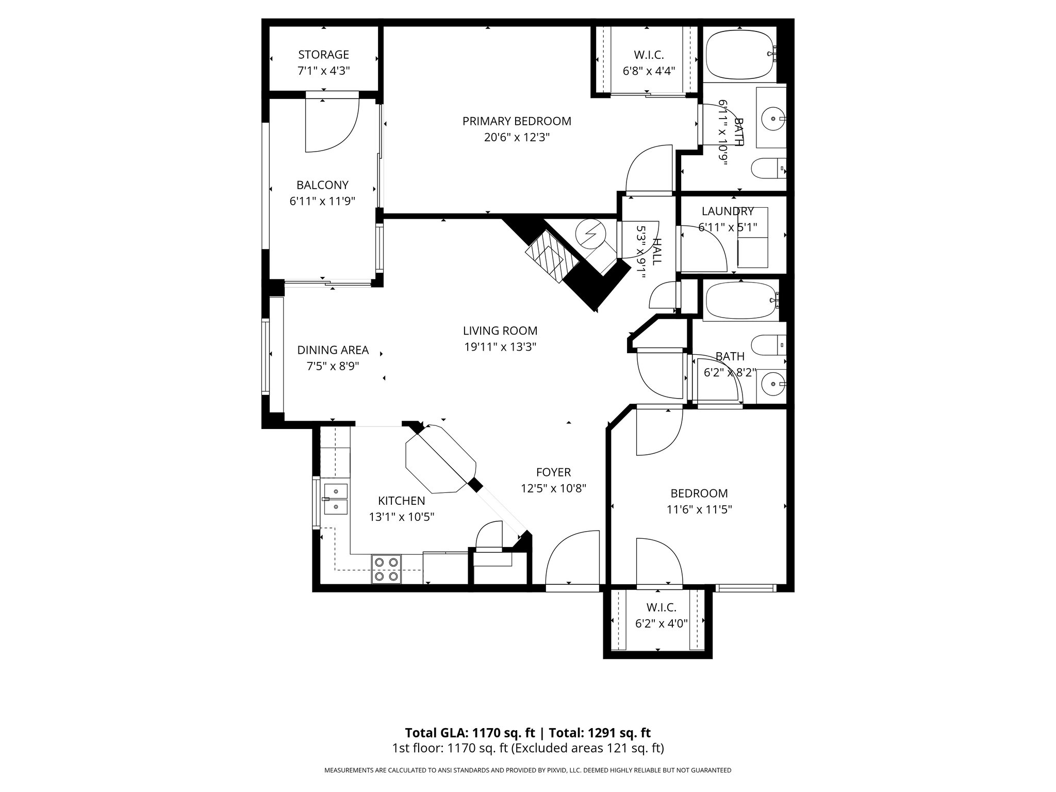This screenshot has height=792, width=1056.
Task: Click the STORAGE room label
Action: click(x=323, y=55)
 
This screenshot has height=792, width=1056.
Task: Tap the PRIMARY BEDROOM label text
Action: click(x=517, y=121)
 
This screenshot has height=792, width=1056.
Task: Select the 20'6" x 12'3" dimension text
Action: click(x=517, y=138)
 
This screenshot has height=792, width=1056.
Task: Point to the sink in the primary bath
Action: click(x=773, y=119)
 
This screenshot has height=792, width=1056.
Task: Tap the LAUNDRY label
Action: click(x=727, y=211)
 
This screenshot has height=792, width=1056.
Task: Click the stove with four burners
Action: click(x=386, y=569)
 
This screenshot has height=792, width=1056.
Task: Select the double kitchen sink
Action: click(x=336, y=499)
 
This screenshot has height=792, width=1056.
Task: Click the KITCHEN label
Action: click(x=401, y=501)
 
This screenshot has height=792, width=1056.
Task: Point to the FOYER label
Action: click(x=553, y=472)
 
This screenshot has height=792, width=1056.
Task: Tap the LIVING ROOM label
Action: click(x=500, y=331)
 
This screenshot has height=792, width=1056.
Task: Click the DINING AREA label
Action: click(x=333, y=350)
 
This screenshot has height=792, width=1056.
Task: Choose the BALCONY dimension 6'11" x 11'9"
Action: click(x=322, y=201)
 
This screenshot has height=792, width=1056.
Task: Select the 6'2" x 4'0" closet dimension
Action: click(x=661, y=623)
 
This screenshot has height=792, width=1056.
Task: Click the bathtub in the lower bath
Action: click(x=740, y=301)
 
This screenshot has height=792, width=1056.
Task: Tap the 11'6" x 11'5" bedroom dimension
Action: click(x=699, y=509)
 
